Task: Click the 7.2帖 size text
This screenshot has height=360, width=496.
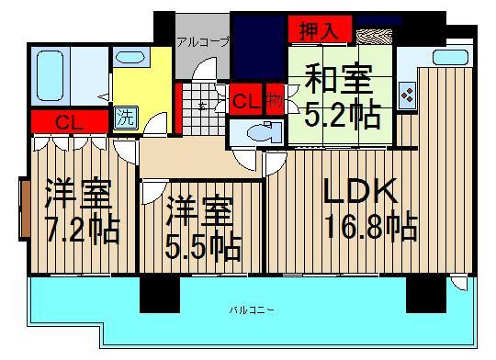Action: coord(80,230)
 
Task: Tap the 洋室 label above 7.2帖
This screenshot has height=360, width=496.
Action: coord(78,196)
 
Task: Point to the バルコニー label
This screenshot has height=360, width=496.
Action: coord(248,310)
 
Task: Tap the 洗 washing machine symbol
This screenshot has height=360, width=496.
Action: coord(125,118)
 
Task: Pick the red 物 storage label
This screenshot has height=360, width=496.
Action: coord(273,99)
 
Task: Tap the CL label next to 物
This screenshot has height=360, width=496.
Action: coord(245,99)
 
